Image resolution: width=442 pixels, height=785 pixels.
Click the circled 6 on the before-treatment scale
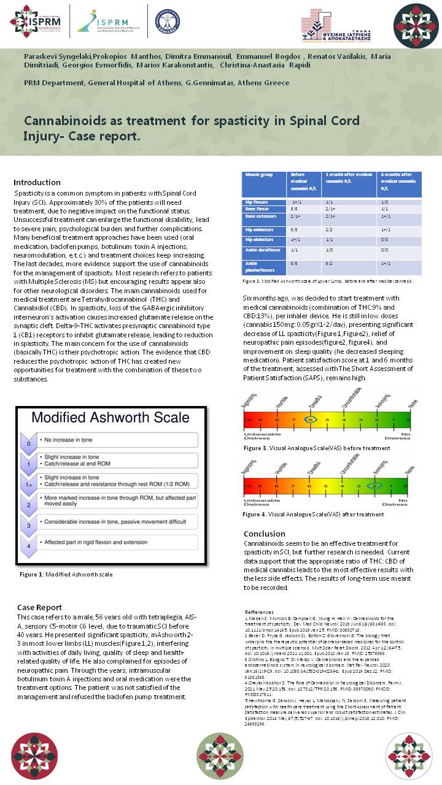coord(311,420)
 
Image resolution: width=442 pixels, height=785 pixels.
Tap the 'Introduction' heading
coord(37,182)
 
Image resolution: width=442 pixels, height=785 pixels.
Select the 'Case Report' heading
coord(39,607)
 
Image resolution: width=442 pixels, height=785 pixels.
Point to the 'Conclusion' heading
coord(264,534)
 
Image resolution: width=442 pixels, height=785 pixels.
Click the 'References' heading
coord(259,612)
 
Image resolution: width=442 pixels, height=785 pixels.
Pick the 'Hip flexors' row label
coord(257,201)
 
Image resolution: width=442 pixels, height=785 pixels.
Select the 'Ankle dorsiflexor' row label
coord(262,250)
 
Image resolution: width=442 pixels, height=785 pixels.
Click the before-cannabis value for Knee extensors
coord(295,216)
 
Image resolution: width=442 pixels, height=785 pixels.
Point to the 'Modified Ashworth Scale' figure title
coord(110,418)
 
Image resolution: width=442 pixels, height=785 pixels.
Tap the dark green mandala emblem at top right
coord(416,25)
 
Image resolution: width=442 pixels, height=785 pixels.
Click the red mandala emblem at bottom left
coord(34,756)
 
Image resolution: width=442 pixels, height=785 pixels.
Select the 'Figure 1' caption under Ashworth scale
coord(66,575)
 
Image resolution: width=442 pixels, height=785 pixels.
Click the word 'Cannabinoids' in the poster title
coord(63,121)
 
